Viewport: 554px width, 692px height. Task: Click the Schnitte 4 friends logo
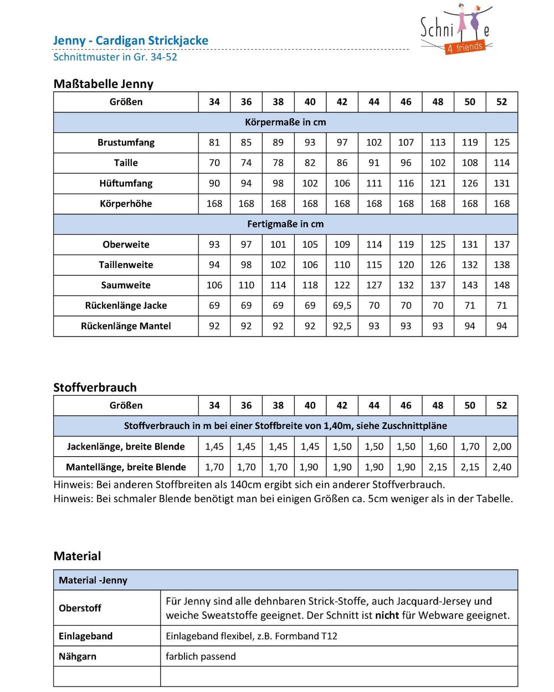pyautogui.click(x=456, y=30)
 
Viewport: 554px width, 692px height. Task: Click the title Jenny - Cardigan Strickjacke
pyautogui.click(x=131, y=40)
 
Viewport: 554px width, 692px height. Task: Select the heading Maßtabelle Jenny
pyautogui.click(x=104, y=84)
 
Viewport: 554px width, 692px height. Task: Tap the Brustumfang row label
pyautogui.click(x=126, y=142)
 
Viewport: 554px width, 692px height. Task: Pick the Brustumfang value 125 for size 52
pyautogui.click(x=501, y=142)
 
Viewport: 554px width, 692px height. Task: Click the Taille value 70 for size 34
pyautogui.click(x=214, y=163)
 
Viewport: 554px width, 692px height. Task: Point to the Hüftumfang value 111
pyautogui.click(x=374, y=183)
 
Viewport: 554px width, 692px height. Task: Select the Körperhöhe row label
pyautogui.click(x=126, y=204)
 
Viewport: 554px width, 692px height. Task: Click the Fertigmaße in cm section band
pyautogui.click(x=285, y=224)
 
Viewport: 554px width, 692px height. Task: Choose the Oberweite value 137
pyautogui.click(x=501, y=245)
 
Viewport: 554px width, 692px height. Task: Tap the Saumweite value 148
pyautogui.click(x=501, y=285)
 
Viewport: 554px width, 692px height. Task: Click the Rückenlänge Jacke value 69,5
pyautogui.click(x=342, y=306)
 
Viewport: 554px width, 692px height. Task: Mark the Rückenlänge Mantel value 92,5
pyautogui.click(x=342, y=326)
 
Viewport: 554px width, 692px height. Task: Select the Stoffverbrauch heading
pyautogui.click(x=95, y=388)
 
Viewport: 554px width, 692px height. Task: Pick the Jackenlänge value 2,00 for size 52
pyautogui.click(x=501, y=447)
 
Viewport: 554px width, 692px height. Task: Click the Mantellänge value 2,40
pyautogui.click(x=501, y=467)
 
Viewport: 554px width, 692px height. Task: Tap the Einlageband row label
pyautogui.click(x=86, y=636)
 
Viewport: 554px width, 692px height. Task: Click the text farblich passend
pyautogui.click(x=201, y=657)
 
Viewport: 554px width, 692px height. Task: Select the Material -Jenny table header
pyautogui.click(x=93, y=580)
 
